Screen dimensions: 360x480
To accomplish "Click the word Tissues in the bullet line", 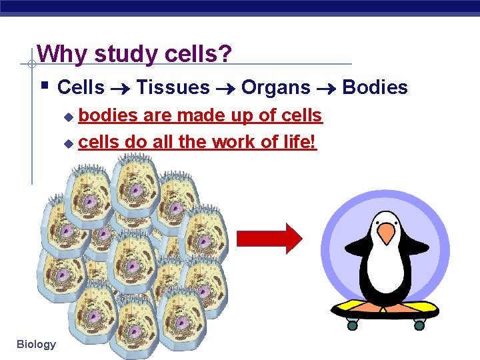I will coord(173,87).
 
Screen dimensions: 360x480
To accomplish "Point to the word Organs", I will coord(275,87).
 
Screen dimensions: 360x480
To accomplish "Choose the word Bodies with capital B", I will coord(375,87).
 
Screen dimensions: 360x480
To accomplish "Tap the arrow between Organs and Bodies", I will coord(326,88).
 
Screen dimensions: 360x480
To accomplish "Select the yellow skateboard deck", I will coord(385,308).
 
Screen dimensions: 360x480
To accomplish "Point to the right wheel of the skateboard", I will coord(419,325).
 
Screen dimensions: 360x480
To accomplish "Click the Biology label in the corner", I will coord(37,344).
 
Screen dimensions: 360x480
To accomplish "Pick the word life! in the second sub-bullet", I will coord(301,142).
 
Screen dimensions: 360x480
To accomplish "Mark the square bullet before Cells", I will coord(43,85).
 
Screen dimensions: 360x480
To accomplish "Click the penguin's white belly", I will coord(385,273).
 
